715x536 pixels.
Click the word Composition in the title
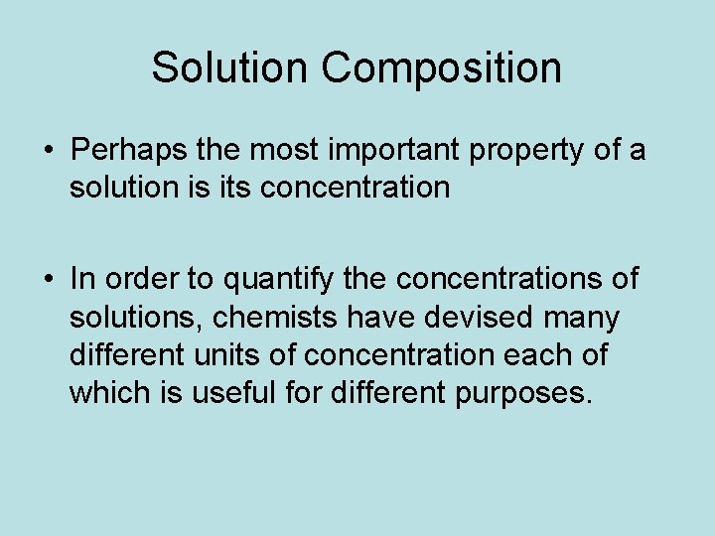441,69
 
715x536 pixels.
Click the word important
405,152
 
